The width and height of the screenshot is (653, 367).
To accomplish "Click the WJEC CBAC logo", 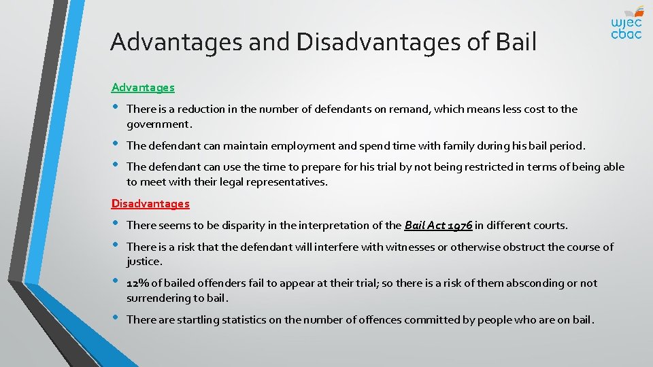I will [x=626, y=23].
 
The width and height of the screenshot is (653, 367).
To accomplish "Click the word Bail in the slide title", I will [x=516, y=42].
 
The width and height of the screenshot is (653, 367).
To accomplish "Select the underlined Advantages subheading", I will [x=143, y=88].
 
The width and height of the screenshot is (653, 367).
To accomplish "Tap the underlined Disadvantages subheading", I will [x=150, y=203].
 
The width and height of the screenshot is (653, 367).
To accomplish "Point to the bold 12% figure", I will [x=138, y=283].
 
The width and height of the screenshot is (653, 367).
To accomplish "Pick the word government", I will [x=158, y=124].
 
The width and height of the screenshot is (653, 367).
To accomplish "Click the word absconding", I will [x=539, y=283].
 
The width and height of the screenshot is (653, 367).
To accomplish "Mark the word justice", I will [x=144, y=261].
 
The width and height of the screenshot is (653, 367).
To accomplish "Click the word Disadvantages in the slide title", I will [x=378, y=42].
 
